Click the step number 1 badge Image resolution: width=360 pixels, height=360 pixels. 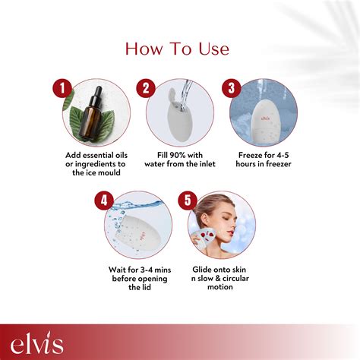click(x=62, y=88)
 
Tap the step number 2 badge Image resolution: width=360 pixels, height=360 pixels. click(x=146, y=88)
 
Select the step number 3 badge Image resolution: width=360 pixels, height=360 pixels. click(x=232, y=88)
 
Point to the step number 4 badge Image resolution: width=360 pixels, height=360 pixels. click(x=104, y=201)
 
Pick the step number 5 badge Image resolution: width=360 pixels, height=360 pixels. click(x=188, y=201)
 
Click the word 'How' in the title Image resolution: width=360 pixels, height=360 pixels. click(x=144, y=49)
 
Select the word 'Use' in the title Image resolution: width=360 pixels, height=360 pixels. click(x=214, y=49)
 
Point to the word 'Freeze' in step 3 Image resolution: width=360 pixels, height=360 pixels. click(x=252, y=155)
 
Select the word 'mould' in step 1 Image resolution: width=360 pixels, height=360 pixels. click(x=109, y=172)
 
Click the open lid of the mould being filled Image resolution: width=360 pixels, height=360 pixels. click(x=173, y=95)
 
